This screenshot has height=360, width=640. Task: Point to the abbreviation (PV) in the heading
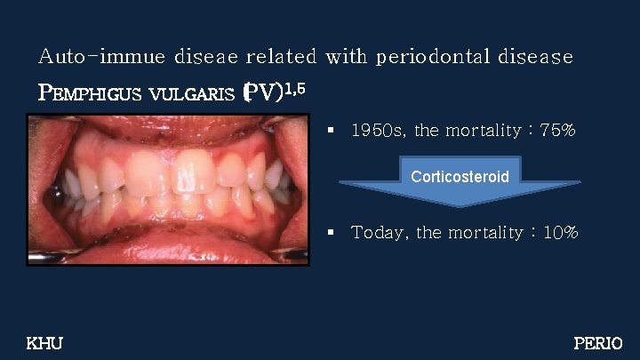coord(264,92)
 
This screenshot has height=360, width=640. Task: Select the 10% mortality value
coord(559,233)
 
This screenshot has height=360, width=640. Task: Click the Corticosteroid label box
coord(460,176)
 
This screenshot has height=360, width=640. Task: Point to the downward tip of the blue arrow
coord(460,205)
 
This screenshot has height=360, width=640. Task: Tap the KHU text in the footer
coord(45,343)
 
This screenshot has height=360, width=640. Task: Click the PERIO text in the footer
coord(598,343)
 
